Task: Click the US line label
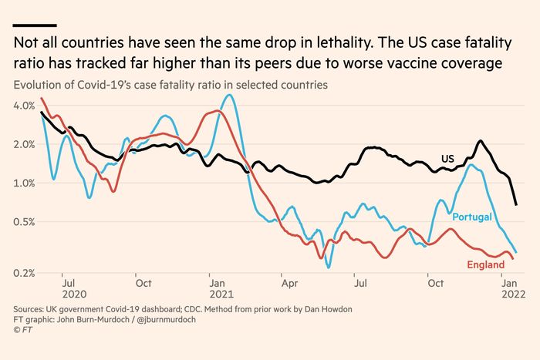point(447,159)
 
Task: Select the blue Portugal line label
point(472,217)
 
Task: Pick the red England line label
point(486,266)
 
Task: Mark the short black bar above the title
point(35,25)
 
